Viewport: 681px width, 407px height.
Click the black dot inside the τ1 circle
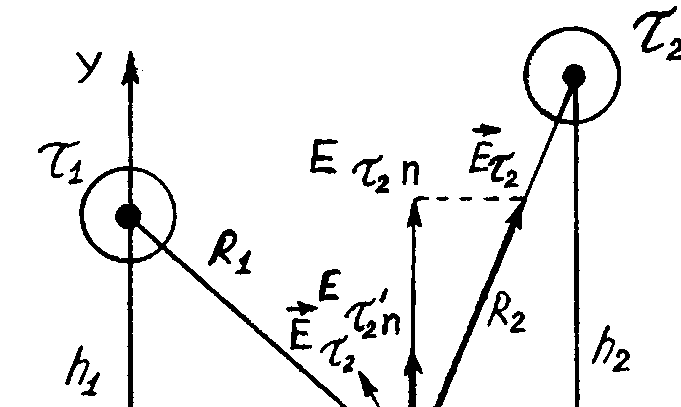pos(128,214)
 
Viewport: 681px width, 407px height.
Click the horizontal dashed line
pos(469,198)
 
